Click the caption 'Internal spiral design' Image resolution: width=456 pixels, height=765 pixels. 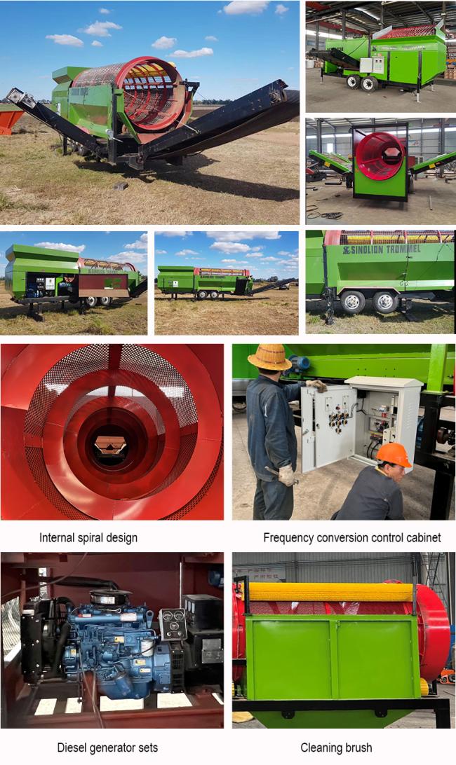[x=88, y=537]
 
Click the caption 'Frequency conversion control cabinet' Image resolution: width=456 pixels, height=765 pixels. [x=352, y=537]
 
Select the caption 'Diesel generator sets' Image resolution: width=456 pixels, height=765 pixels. [x=107, y=747]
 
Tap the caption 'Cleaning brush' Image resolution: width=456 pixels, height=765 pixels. [x=336, y=747]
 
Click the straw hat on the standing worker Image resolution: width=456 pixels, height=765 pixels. [x=269, y=357]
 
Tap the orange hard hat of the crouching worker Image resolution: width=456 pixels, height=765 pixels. [x=394, y=455]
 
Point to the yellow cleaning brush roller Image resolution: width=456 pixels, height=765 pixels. [x=330, y=592]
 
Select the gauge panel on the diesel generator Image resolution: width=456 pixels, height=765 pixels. [x=173, y=624]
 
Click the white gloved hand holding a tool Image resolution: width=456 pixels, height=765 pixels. [x=286, y=475]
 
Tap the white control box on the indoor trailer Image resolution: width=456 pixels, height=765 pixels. [x=372, y=66]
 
